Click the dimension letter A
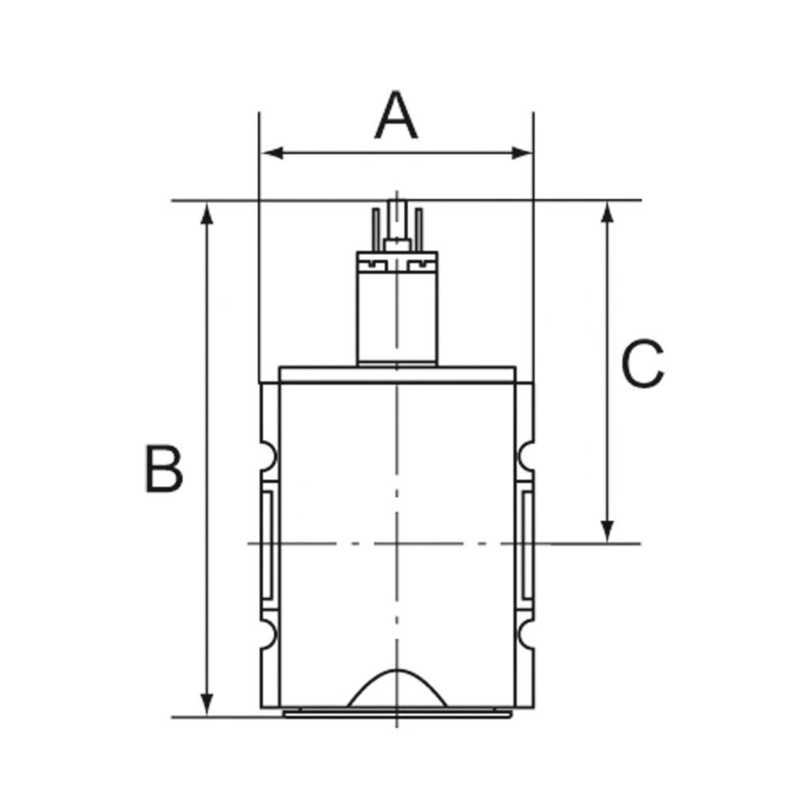point(396,116)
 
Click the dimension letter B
point(164,469)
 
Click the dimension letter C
point(642,365)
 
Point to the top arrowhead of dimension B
point(207,212)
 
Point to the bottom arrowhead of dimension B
point(207,705)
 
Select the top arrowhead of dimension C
point(607,212)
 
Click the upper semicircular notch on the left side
point(267,456)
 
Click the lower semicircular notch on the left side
point(267,633)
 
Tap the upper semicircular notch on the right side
point(526,456)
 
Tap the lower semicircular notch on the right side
point(526,633)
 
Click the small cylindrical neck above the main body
point(397,316)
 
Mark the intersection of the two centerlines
point(397,544)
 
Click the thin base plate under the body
point(397,713)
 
